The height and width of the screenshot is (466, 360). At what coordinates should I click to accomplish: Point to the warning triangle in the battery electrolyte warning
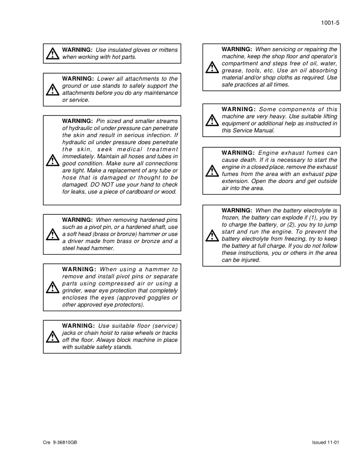(x=211, y=235)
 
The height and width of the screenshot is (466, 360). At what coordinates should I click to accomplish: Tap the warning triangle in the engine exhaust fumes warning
(x=211, y=171)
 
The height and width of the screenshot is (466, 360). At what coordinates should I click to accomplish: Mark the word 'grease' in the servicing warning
(x=231, y=71)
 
